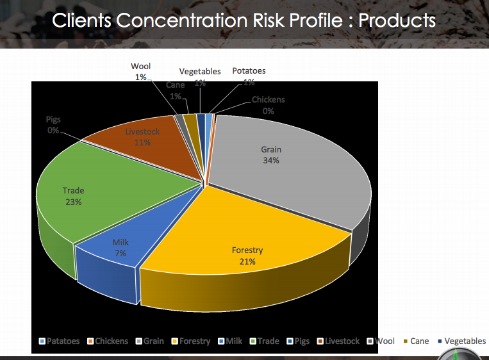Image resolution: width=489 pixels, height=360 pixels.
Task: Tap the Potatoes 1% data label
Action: pyautogui.click(x=249, y=76)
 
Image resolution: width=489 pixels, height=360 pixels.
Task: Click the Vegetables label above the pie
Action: pyautogui.click(x=200, y=72)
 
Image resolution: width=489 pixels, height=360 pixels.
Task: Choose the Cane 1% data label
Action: pyautogui.click(x=175, y=90)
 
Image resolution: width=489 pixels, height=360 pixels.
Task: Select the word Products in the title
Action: pyautogui.click(x=397, y=20)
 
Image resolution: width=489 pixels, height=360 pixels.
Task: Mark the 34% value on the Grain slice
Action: pyautogui.click(x=271, y=161)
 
